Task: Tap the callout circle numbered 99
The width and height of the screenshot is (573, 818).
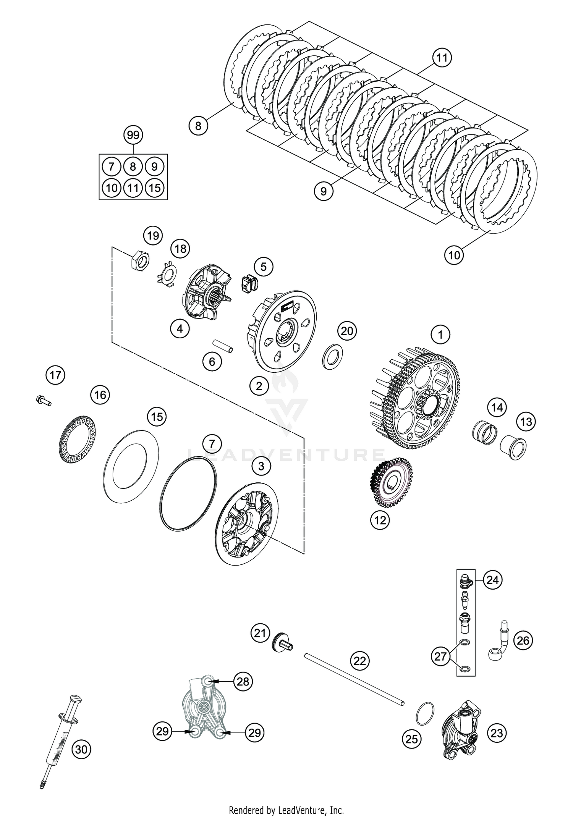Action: coord(133,135)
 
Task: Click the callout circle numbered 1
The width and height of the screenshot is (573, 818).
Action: coord(440,335)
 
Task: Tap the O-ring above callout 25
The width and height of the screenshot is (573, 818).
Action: coord(425,713)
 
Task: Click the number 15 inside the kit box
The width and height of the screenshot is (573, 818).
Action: coord(154,188)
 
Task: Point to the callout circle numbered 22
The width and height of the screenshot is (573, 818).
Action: coord(359,661)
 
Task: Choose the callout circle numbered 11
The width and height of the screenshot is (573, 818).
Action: coord(442,58)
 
